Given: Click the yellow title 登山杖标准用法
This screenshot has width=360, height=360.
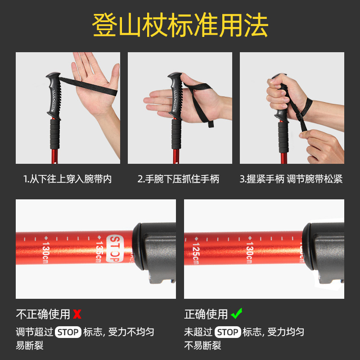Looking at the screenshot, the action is [180, 25].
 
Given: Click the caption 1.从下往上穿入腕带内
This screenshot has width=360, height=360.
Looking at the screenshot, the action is [67, 179].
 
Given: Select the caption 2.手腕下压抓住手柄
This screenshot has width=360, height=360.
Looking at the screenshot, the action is [178, 179].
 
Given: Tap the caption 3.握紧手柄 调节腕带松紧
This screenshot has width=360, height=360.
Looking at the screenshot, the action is [291, 179].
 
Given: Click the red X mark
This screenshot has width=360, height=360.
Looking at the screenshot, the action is [77, 314].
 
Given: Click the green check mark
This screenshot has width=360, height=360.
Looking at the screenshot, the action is [237, 313].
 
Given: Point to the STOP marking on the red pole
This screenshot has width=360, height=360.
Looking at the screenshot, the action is [115, 248].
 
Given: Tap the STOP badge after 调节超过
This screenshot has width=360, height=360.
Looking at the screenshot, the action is [68, 332].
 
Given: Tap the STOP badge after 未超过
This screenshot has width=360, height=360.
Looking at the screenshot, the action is [228, 332].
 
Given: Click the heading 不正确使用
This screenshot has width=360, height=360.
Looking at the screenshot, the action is [43, 314].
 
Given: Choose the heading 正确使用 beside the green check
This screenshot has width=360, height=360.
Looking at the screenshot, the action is [206, 314].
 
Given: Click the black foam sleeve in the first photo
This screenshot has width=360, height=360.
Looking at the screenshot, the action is [55, 134].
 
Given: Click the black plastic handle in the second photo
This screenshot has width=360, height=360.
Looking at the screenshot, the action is [176, 96].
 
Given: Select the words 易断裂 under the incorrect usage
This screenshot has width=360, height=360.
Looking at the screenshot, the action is [30, 345].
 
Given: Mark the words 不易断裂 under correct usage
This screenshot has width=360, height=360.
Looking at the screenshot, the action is [202, 345].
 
